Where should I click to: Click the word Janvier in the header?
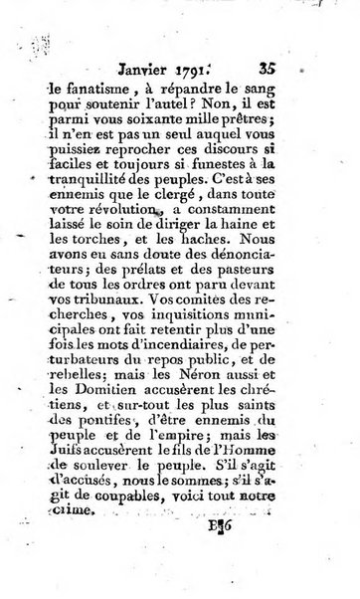coord(176,44)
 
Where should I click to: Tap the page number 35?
coord(295,43)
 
